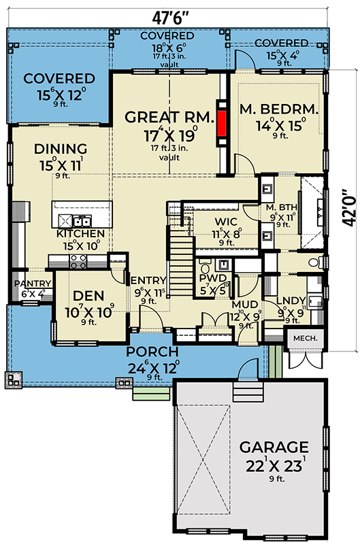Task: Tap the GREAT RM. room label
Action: (161, 117)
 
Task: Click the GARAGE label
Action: (273, 447)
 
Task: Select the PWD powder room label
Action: (208, 277)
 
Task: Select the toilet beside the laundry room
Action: (313, 261)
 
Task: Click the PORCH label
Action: (152, 352)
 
